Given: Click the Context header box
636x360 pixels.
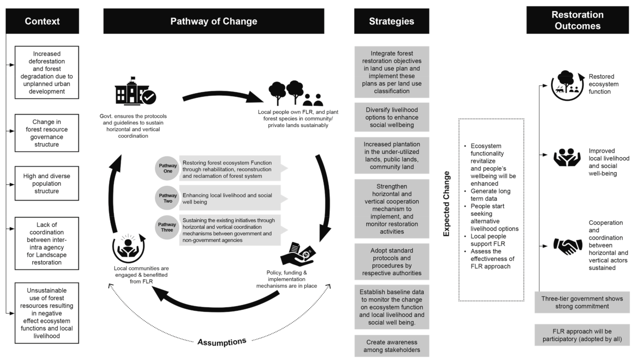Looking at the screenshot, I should pos(42,21).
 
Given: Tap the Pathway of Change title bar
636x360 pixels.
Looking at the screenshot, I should pos(213,21).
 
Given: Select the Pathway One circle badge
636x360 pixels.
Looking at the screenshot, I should pos(167,168).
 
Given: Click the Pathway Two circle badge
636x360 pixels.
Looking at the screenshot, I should pos(167,198).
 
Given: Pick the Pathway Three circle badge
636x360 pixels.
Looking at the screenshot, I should pos(167,227).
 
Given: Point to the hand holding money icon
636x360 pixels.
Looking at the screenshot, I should pos(298,254).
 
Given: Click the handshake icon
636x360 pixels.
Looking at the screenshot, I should pos(567,245).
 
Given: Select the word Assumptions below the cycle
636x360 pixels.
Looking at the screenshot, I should pos(222,341).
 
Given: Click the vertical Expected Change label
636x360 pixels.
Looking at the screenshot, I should pos(446,204).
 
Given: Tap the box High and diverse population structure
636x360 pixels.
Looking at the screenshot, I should pos(47,183).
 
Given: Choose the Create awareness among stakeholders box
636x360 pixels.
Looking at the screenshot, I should pos(392,346).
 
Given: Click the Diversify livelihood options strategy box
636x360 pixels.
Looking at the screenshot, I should pos(392,117).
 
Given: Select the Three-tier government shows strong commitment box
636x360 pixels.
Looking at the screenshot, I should pos(582,302).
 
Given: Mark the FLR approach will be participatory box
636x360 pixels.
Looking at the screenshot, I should pos(582,335).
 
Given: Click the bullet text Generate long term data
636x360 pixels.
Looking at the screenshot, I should pos(490,195).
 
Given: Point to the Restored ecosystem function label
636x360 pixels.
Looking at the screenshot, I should pos(603,84).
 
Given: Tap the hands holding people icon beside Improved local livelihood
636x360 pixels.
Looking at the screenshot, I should pos(567,157).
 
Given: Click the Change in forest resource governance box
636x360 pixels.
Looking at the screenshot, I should pos(47,133).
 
